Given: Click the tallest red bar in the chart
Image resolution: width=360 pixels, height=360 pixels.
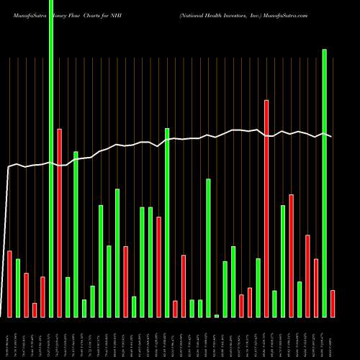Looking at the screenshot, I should click(266, 209).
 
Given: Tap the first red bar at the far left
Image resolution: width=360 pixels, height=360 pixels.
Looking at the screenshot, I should click(9, 284).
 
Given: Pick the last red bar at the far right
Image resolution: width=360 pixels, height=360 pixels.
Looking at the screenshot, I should click(332, 303).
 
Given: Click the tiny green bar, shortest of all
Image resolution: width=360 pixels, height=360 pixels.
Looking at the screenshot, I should click(217, 315).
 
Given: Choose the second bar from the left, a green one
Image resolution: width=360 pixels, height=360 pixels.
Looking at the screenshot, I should click(18, 288).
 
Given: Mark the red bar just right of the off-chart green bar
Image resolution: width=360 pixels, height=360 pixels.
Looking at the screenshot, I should click(59, 222).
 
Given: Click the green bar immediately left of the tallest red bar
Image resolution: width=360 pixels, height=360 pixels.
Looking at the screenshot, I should click(258, 287).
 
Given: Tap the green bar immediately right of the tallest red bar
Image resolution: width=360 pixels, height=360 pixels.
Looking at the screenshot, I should click(274, 303).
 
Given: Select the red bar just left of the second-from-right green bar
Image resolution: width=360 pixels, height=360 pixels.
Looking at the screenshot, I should click(315, 287).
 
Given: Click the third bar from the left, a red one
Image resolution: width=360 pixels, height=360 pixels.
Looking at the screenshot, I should click(26, 295).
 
